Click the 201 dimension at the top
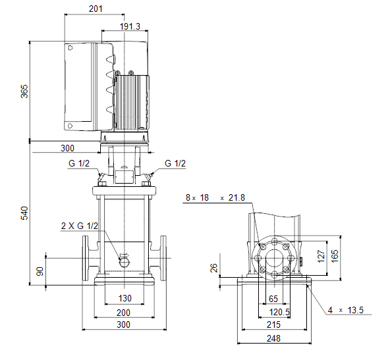(96, 9)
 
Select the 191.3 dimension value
(130, 26)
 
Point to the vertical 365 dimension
(24, 91)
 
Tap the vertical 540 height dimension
(24, 213)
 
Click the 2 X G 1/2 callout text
(80, 226)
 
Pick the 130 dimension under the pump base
(125, 298)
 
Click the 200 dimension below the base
(123, 313)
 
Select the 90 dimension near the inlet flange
(40, 271)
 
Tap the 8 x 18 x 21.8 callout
(215, 197)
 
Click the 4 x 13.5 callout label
(346, 310)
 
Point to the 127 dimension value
(321, 256)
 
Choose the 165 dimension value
(334, 256)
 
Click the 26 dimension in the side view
(214, 268)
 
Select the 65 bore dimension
(273, 299)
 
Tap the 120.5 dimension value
(279, 312)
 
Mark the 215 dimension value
(273, 324)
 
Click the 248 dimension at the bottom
(273, 338)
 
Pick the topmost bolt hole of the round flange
(274, 242)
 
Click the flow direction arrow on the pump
(125, 255)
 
